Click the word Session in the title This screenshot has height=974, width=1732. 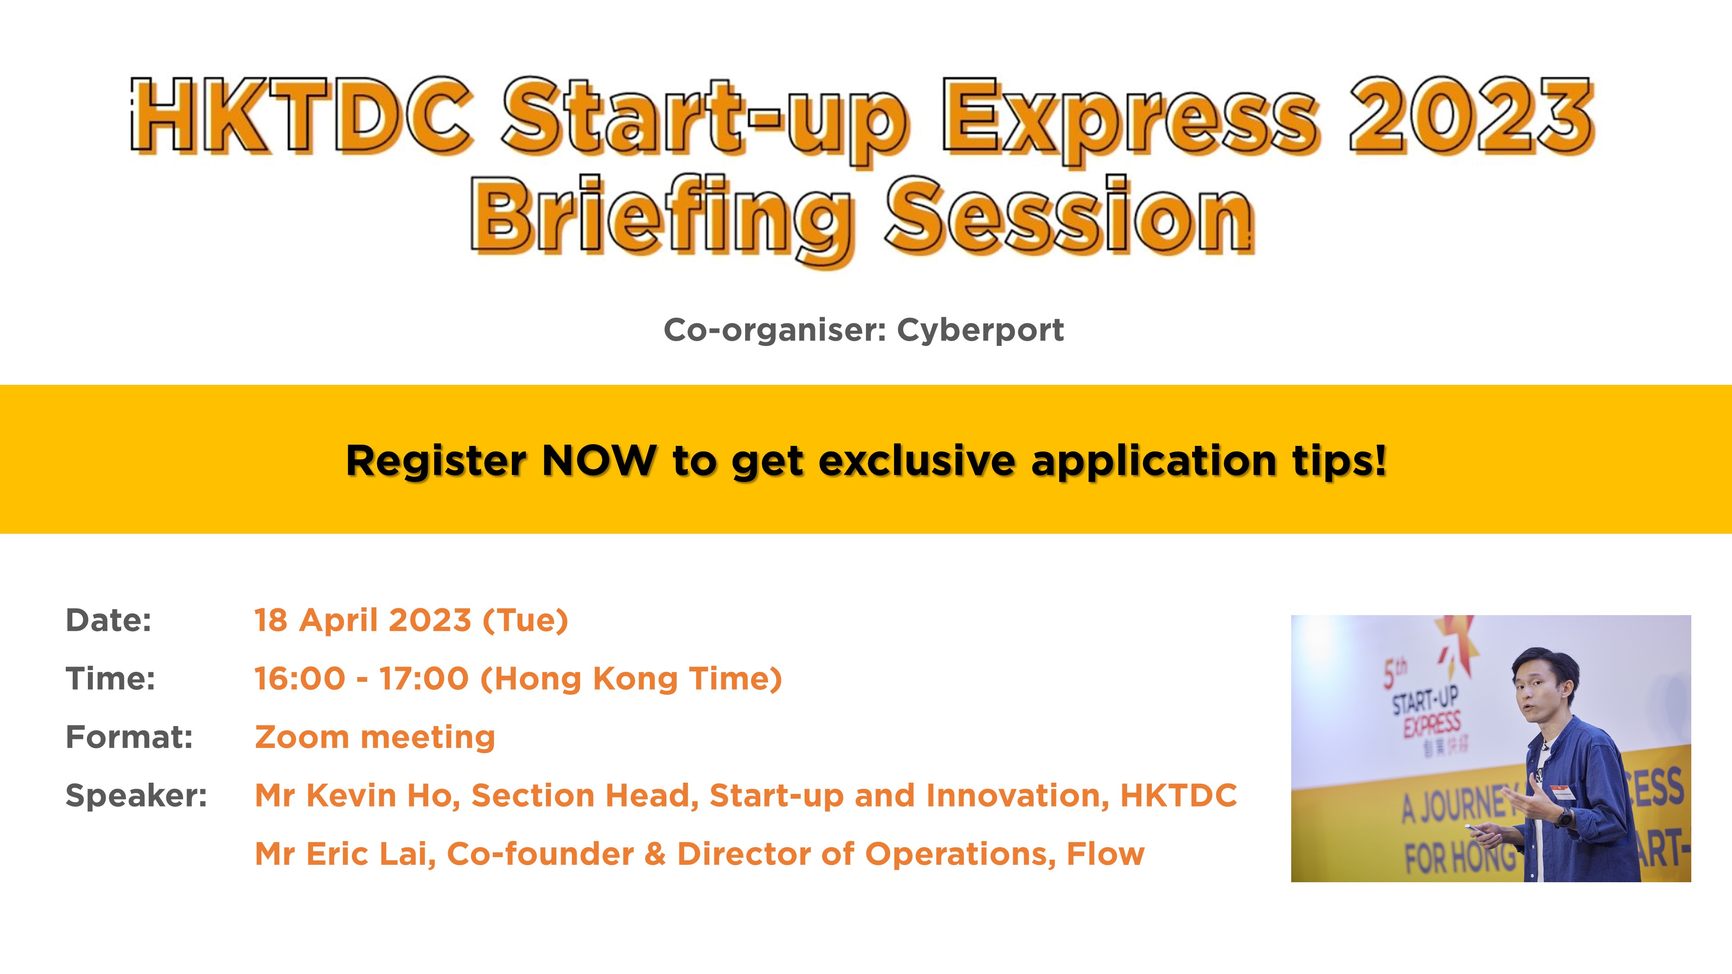[1069, 216]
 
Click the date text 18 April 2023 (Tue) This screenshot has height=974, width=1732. [411, 620]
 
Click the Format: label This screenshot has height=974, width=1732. [129, 737]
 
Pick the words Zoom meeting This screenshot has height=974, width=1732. [375, 737]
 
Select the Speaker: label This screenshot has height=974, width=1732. [136, 795]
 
